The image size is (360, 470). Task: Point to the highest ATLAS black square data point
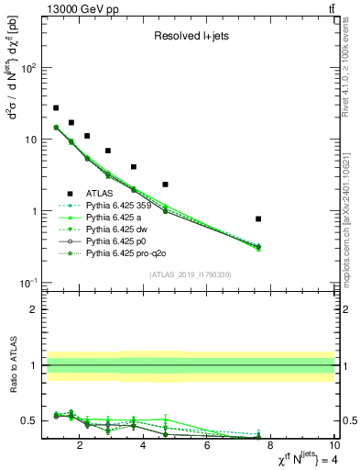click(x=56, y=107)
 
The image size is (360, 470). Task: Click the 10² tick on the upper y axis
click(x=29, y=68)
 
